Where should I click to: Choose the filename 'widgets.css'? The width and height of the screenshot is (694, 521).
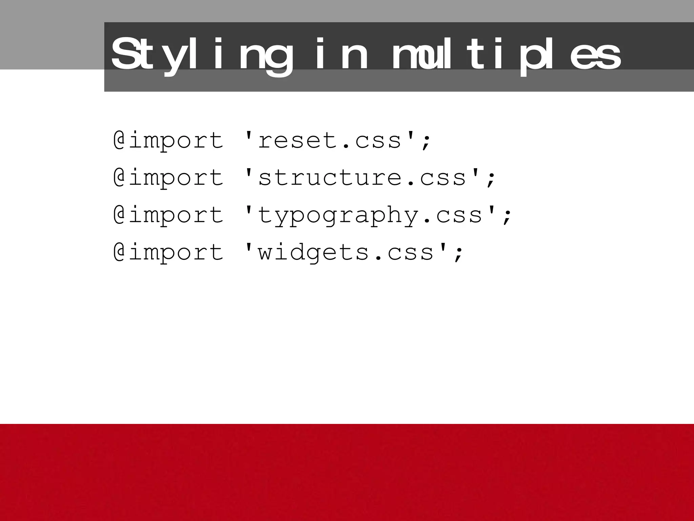tap(346, 252)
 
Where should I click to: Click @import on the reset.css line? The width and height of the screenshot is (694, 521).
tap(168, 140)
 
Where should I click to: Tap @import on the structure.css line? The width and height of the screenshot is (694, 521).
tap(168, 178)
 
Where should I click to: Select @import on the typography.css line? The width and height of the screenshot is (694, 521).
tap(168, 215)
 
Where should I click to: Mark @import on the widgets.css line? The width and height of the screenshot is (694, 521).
tap(168, 252)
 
